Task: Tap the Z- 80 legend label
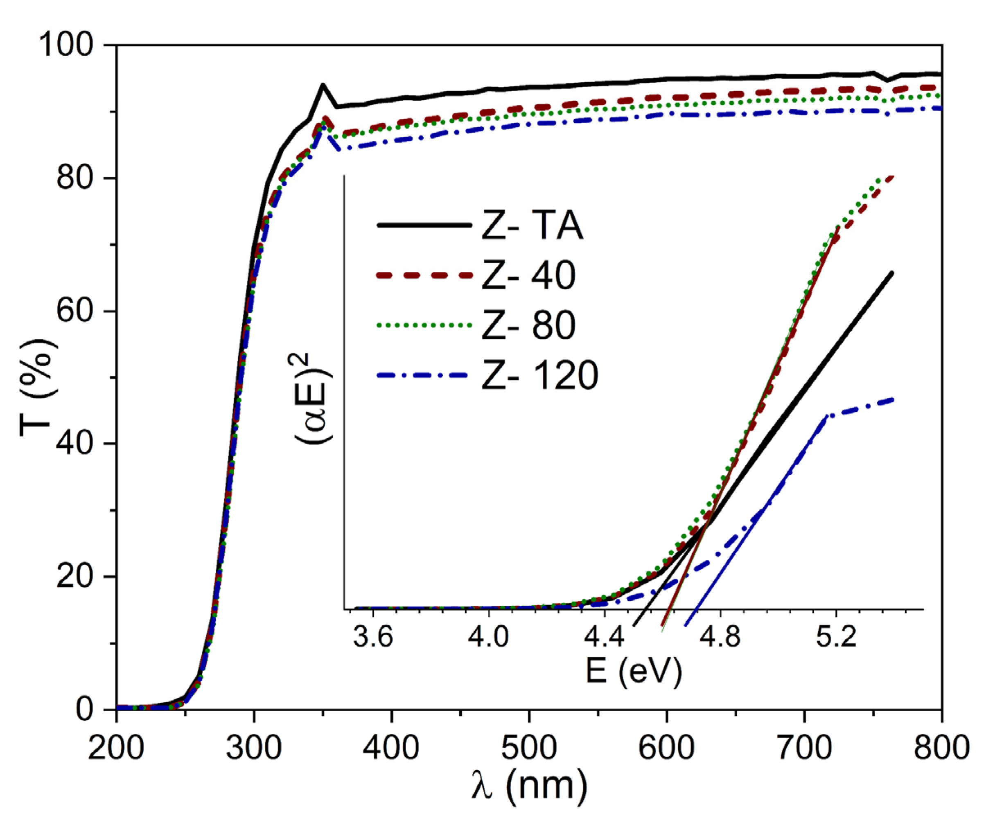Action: click(x=529, y=326)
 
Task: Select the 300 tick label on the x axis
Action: click(x=254, y=747)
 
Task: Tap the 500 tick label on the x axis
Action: click(x=529, y=747)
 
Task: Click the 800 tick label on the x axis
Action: click(x=941, y=747)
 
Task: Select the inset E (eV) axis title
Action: click(x=634, y=672)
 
